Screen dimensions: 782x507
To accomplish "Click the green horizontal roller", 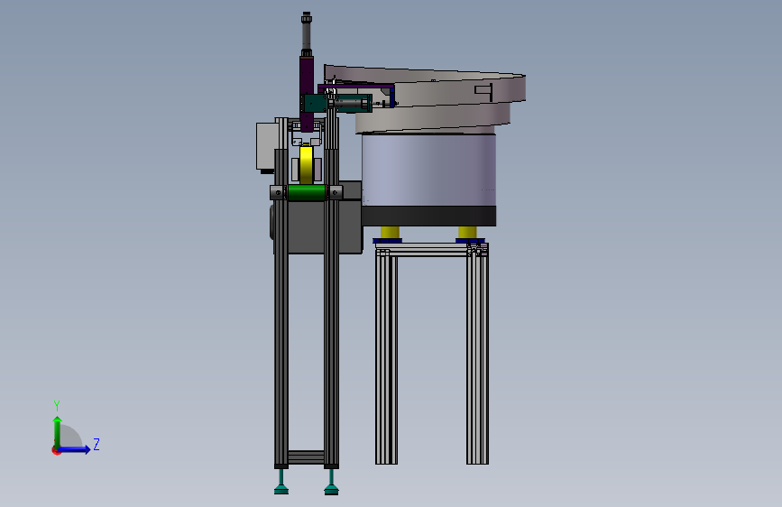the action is [x=307, y=193].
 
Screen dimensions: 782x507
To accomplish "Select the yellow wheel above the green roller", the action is [x=307, y=165].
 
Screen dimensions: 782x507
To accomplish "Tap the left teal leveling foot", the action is [x=281, y=483].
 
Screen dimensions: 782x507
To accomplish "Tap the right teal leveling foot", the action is [x=331, y=483].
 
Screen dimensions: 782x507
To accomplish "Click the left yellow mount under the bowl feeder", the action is [x=390, y=232].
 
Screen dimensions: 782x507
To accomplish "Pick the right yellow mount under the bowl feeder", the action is [x=467, y=232].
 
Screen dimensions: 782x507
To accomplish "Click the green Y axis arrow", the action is [x=58, y=432].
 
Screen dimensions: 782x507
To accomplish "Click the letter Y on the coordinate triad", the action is [x=57, y=405].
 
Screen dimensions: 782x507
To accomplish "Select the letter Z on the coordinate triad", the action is [x=97, y=444].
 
